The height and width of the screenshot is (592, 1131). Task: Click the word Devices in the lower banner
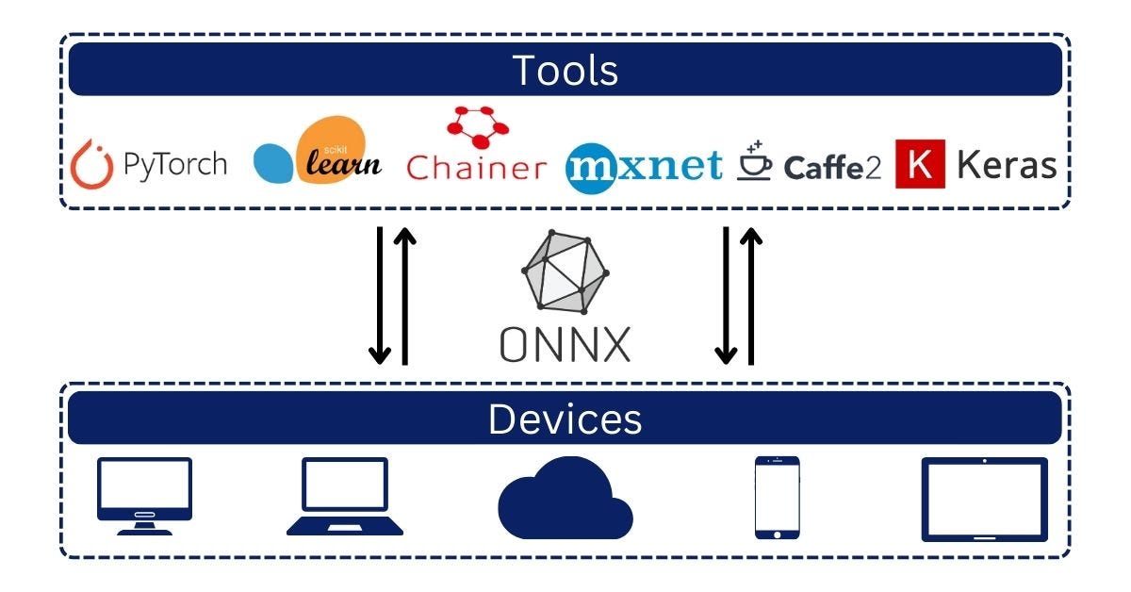coord(565,419)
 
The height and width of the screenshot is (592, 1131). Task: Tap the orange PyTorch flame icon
coord(92,164)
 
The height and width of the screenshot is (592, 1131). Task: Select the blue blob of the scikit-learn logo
coord(274,163)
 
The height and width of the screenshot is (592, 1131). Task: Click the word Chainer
coord(476,168)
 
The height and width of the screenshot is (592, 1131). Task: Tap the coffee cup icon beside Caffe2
coord(755,162)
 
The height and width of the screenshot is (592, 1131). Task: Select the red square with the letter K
coord(920,164)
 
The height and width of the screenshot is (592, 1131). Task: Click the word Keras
coord(1007,165)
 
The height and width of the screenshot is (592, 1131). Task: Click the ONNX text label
coord(565,344)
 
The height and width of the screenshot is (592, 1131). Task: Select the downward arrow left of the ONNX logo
coord(379,294)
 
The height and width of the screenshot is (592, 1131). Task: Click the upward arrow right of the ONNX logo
coord(751,294)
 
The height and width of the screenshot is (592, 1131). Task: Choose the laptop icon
coord(344,496)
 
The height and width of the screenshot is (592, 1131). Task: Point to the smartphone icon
coord(777,497)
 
